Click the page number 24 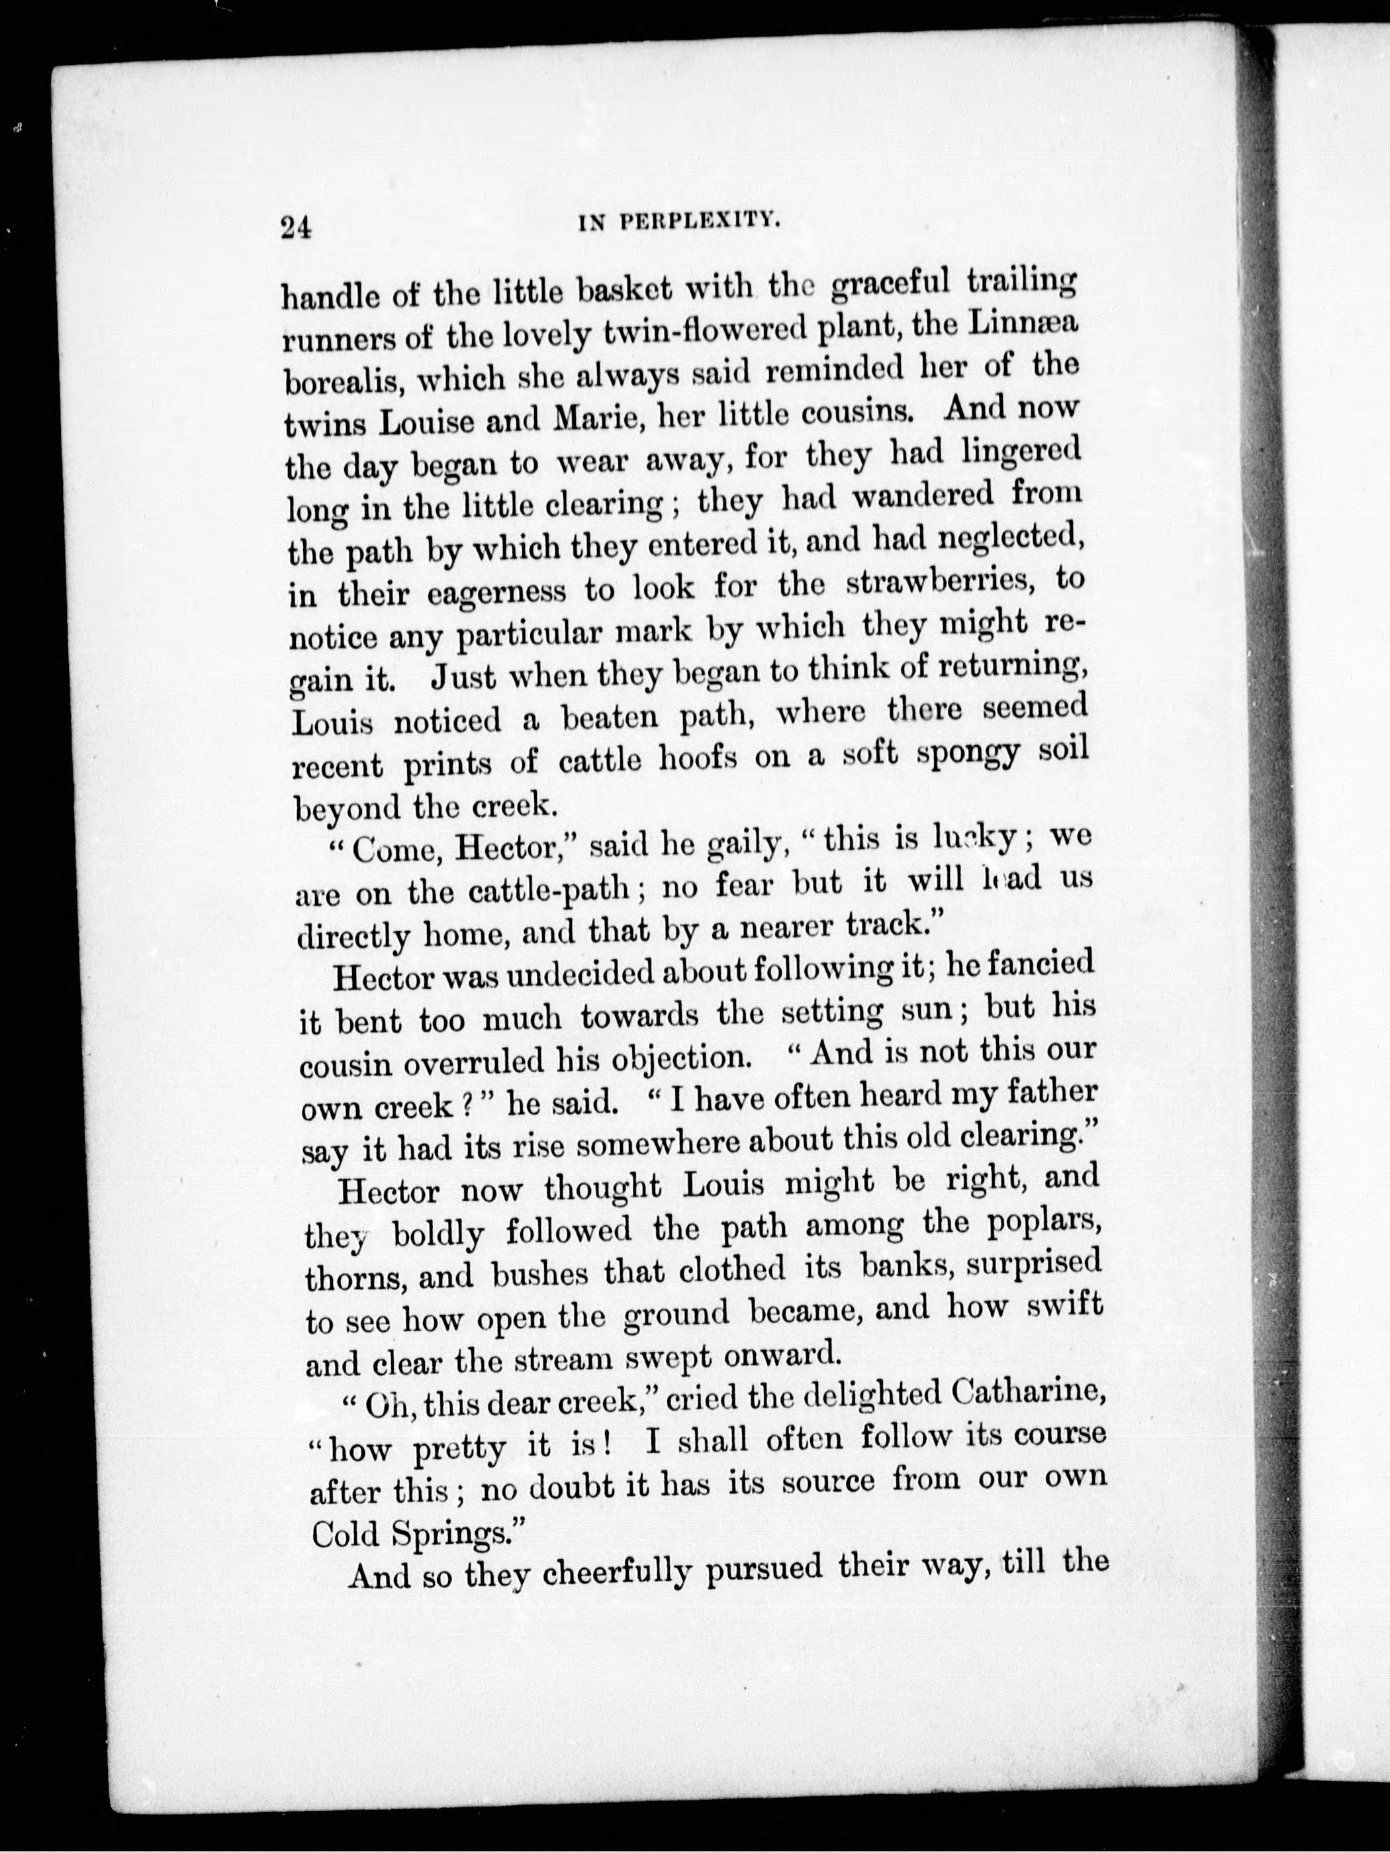click(297, 227)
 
